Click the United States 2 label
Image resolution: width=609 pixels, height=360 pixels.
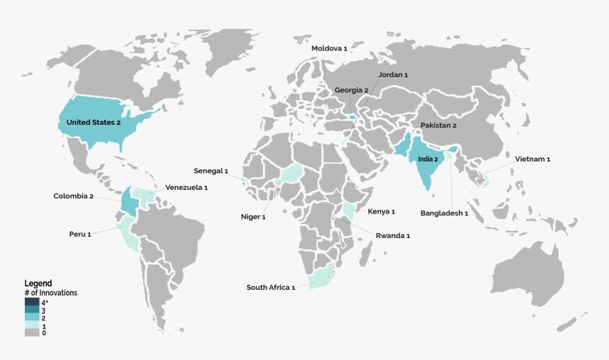(x=93, y=123)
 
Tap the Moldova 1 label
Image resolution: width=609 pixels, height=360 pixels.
(x=329, y=48)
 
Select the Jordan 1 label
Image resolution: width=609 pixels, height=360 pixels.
(x=393, y=74)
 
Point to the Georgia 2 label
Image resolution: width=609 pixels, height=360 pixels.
(x=352, y=90)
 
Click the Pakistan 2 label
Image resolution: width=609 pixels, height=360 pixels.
(x=438, y=125)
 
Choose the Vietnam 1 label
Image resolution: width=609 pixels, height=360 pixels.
(x=533, y=159)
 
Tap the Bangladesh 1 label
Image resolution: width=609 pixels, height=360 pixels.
(x=444, y=213)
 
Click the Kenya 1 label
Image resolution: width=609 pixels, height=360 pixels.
(x=381, y=211)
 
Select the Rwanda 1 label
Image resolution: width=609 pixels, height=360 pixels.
(x=392, y=235)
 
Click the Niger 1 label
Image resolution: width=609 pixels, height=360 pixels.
(x=253, y=216)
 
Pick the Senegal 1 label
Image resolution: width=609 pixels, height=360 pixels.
(x=211, y=171)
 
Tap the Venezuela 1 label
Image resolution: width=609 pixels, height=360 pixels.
(x=186, y=188)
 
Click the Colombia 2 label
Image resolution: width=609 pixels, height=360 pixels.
(x=74, y=196)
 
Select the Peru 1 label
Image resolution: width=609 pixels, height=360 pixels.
(x=80, y=233)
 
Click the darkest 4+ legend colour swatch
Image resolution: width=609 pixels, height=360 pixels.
(x=32, y=302)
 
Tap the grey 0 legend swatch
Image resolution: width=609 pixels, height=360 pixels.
(x=32, y=332)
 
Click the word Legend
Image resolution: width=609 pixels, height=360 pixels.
(x=38, y=283)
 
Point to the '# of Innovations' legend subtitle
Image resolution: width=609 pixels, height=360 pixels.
(x=51, y=293)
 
